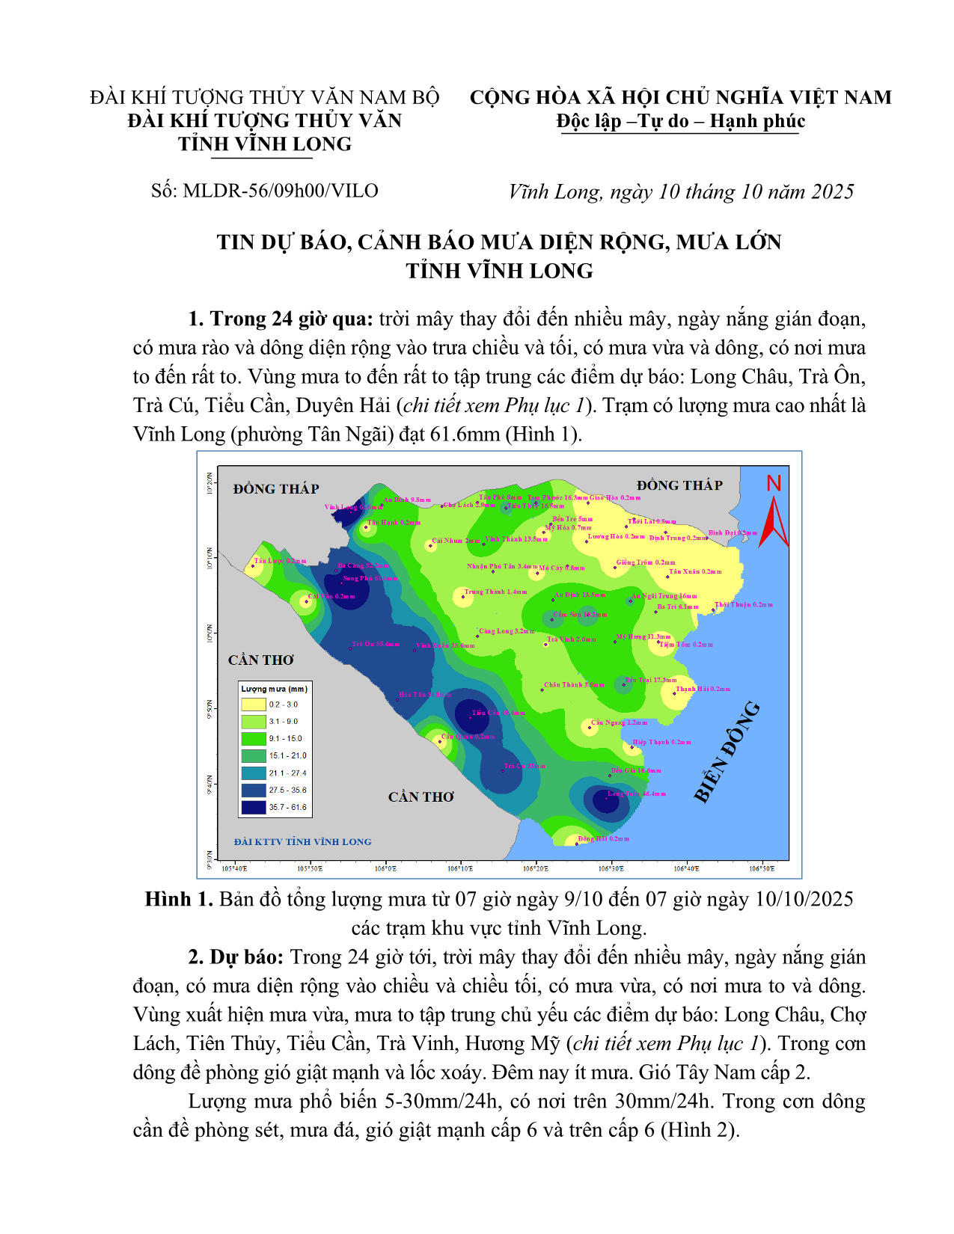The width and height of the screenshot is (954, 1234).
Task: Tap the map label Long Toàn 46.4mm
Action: (636, 793)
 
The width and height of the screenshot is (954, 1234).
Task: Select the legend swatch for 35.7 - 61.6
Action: (254, 808)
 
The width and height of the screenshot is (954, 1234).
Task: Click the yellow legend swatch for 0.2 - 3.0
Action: (254, 705)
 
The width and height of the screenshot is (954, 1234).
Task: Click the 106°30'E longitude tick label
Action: (611, 868)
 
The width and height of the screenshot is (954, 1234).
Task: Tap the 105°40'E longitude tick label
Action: (234, 868)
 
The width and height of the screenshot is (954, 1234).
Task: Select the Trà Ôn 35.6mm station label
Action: (376, 644)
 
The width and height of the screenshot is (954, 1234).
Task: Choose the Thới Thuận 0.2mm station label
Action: (743, 604)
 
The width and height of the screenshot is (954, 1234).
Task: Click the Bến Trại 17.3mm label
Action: (651, 680)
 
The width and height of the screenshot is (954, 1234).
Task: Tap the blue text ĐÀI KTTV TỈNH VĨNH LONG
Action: (302, 842)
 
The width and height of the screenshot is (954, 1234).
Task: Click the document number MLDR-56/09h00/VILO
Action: (280, 191)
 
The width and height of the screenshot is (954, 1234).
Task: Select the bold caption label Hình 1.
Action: (179, 899)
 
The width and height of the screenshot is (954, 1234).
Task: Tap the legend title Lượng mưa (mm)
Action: (274, 689)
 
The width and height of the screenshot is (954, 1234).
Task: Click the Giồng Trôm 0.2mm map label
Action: (645, 562)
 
